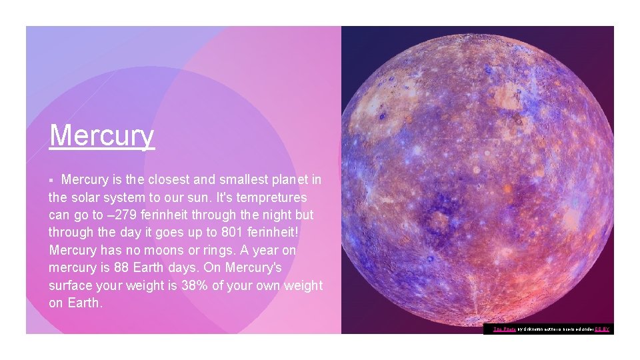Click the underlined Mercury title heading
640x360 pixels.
[x=101, y=135]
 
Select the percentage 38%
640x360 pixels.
[x=197, y=285]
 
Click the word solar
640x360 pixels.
[x=89, y=198]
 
